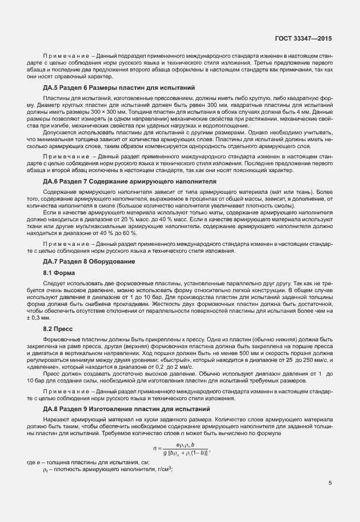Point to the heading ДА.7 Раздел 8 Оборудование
click(89, 261)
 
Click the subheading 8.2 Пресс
click(57, 329)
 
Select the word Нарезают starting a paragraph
click(56, 421)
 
